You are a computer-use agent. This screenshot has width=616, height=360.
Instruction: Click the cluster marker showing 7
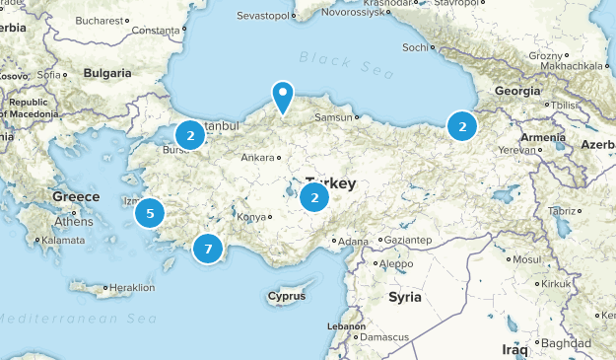click(207, 249)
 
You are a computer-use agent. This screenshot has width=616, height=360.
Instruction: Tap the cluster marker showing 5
click(150, 212)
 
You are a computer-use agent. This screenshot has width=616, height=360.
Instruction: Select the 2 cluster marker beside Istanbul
click(189, 135)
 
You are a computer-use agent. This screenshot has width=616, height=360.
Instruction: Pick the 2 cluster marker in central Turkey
click(314, 197)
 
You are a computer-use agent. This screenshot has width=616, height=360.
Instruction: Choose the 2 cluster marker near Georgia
click(461, 125)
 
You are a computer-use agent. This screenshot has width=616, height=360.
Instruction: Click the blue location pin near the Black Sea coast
click(283, 98)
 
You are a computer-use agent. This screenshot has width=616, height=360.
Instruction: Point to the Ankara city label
click(257, 158)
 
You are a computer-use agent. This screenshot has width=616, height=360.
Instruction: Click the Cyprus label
click(286, 296)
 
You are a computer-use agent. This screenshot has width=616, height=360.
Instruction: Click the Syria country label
click(404, 297)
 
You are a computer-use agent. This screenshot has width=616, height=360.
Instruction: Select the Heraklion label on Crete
click(132, 288)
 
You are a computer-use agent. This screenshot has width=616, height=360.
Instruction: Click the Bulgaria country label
click(107, 73)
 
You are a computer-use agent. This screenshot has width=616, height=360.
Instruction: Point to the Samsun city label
click(332, 118)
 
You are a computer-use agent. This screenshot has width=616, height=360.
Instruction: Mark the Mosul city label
click(527, 259)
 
